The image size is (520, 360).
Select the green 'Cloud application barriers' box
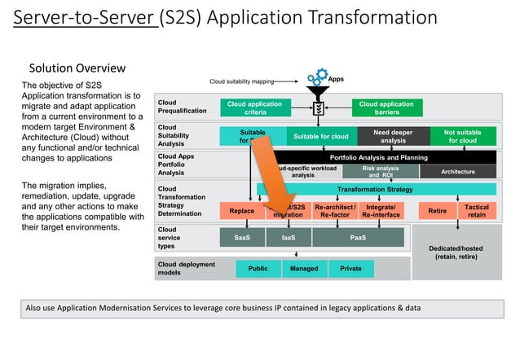point(386,108)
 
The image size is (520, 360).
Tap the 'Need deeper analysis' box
point(393,136)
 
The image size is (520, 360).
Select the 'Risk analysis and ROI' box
point(380,171)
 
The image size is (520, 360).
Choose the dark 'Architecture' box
point(457,172)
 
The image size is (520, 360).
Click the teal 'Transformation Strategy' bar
point(375,190)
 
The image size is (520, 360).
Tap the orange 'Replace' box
point(242,210)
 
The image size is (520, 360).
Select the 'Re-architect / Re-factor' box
point(335,210)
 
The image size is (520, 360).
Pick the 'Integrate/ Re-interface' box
point(381,210)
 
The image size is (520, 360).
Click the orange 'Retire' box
point(437,210)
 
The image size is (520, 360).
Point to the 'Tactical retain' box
point(477,210)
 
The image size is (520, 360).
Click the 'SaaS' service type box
point(242,237)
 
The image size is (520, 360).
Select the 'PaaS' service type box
point(358,237)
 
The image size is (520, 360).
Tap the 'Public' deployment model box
point(258,268)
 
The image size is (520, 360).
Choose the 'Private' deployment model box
point(350,268)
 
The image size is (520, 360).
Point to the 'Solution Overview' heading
point(77,68)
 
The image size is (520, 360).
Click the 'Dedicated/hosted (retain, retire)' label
point(456,252)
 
